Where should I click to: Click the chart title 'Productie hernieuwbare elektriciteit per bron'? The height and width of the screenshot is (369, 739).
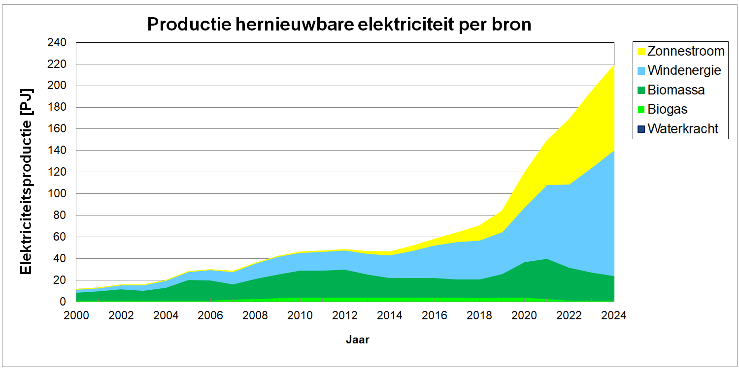[339, 24]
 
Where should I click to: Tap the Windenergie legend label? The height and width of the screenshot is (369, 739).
[684, 70]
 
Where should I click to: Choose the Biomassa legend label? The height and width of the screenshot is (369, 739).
[676, 90]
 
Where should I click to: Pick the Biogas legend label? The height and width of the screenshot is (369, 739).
[668, 110]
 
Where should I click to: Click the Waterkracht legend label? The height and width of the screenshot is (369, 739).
[683, 129]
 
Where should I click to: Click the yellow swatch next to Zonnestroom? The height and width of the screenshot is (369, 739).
[641, 51]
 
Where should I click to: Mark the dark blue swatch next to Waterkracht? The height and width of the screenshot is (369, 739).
[641, 129]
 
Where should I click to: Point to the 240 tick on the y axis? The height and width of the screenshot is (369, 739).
[57, 43]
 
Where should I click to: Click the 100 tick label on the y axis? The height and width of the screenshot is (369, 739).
[57, 194]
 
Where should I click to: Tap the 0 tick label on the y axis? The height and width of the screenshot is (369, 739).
[63, 302]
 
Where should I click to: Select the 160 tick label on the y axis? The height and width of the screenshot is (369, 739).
[57, 129]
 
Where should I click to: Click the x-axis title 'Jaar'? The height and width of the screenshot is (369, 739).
[357, 339]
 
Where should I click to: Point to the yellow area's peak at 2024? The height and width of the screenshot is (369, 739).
[613, 65]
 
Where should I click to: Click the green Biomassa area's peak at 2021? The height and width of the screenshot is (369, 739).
[546, 259]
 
